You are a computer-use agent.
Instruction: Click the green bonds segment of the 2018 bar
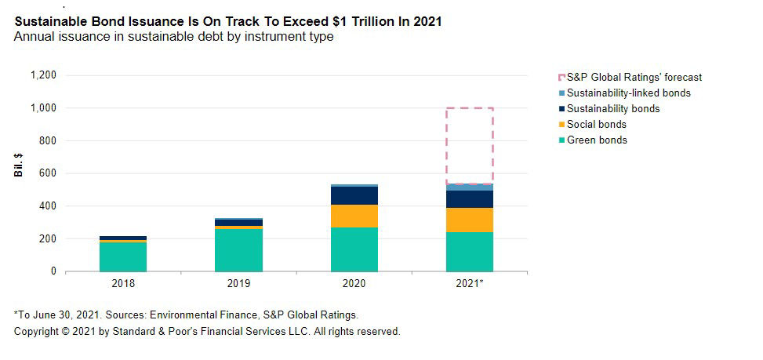[123, 256]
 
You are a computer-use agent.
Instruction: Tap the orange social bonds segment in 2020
[354, 216]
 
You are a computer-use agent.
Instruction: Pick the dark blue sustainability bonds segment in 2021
[470, 199]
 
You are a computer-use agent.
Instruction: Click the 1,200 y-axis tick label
[42, 75]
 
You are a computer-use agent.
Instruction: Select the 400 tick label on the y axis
[48, 206]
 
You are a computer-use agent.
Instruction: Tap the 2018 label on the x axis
[123, 282]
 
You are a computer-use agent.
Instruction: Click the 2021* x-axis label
[471, 282]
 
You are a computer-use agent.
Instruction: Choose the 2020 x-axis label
[354, 282]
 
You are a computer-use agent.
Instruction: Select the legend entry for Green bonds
[596, 140]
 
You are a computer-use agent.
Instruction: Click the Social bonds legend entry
[596, 125]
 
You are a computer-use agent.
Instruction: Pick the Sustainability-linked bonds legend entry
[627, 93]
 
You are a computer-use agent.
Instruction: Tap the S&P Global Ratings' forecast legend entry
[634, 78]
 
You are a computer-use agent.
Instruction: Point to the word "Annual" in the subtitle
[33, 37]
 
